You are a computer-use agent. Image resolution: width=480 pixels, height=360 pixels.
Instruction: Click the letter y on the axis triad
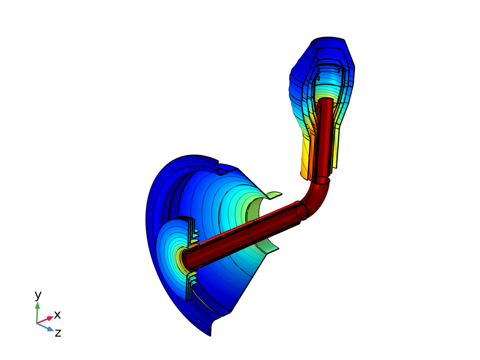[x=37, y=296]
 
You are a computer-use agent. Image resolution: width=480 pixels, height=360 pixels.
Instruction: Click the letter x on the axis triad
[x=57, y=315]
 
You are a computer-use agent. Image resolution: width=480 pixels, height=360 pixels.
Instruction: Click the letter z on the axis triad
[x=58, y=333]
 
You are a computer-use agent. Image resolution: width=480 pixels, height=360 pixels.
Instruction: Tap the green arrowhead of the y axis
[x=37, y=306]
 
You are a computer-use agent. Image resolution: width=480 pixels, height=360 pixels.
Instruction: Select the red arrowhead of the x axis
[x=50, y=318]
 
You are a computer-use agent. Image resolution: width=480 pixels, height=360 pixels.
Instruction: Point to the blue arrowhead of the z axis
[x=51, y=330]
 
